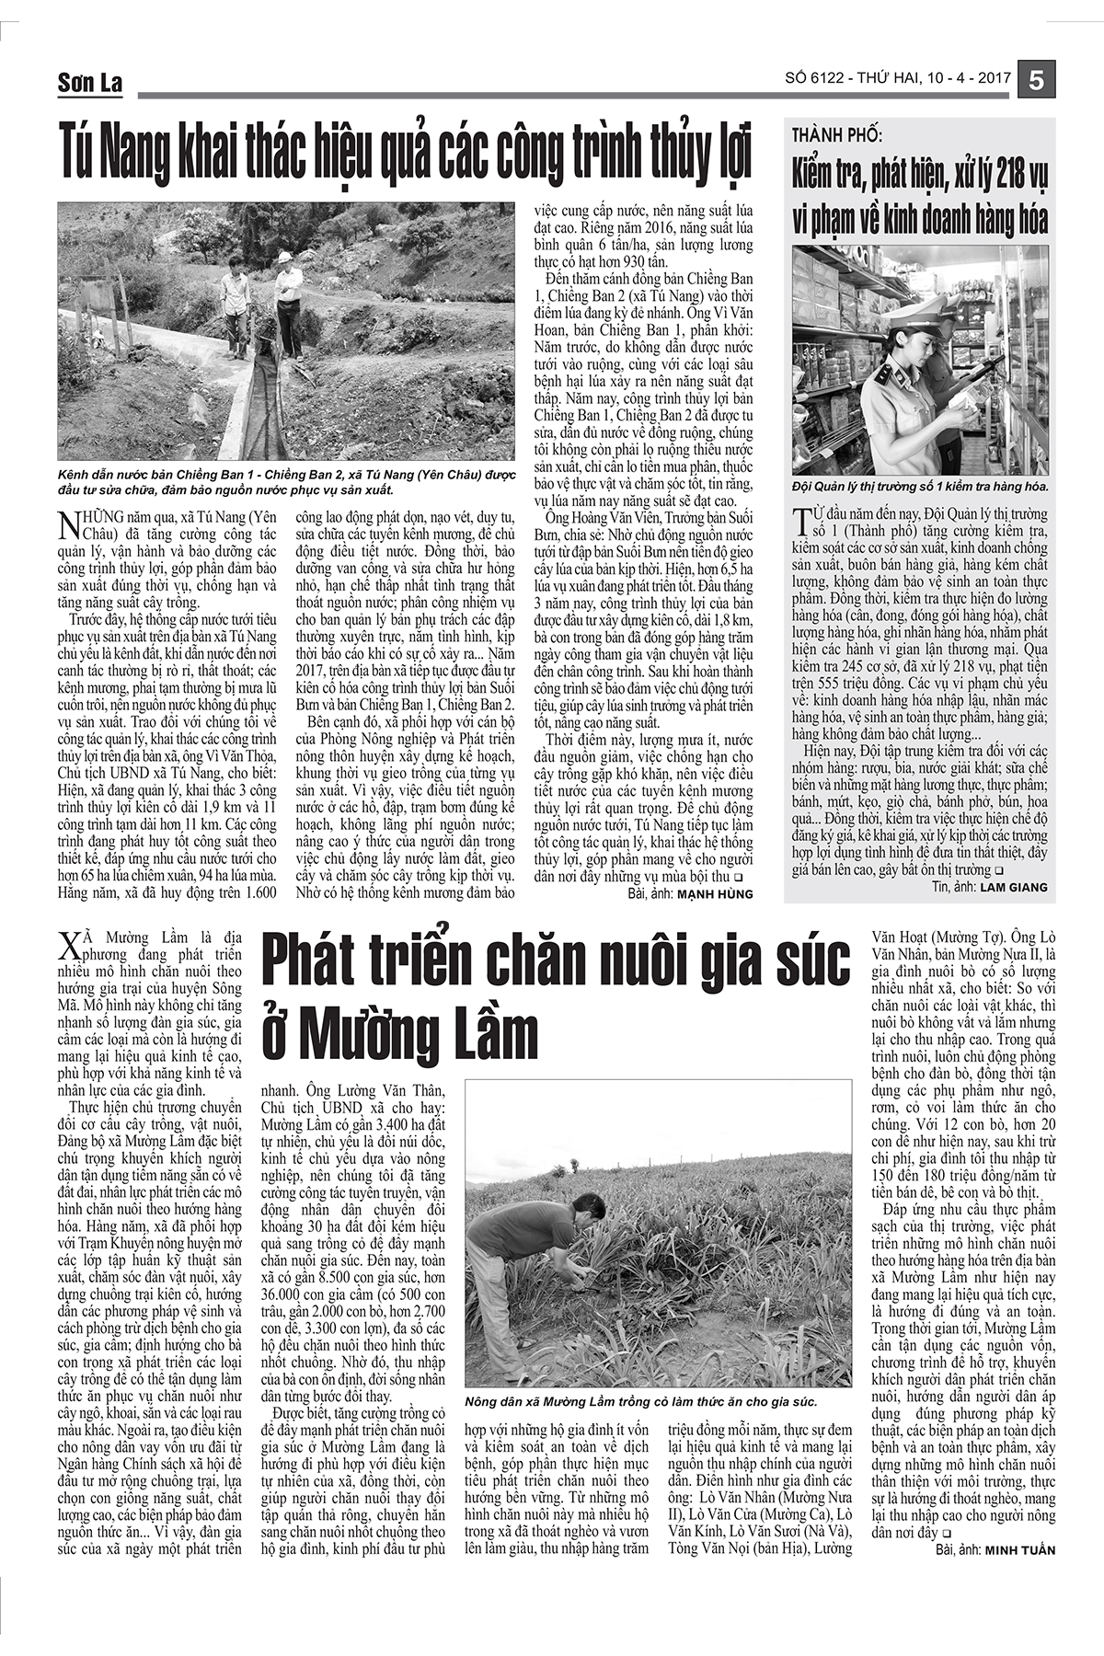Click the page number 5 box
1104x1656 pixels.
click(1037, 81)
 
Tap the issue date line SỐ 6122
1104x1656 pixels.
click(898, 79)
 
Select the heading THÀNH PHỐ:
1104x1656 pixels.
click(837, 135)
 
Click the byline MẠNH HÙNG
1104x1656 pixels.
click(715, 892)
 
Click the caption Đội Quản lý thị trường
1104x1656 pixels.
click(920, 486)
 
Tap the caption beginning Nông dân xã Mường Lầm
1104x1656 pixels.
click(641, 1402)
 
